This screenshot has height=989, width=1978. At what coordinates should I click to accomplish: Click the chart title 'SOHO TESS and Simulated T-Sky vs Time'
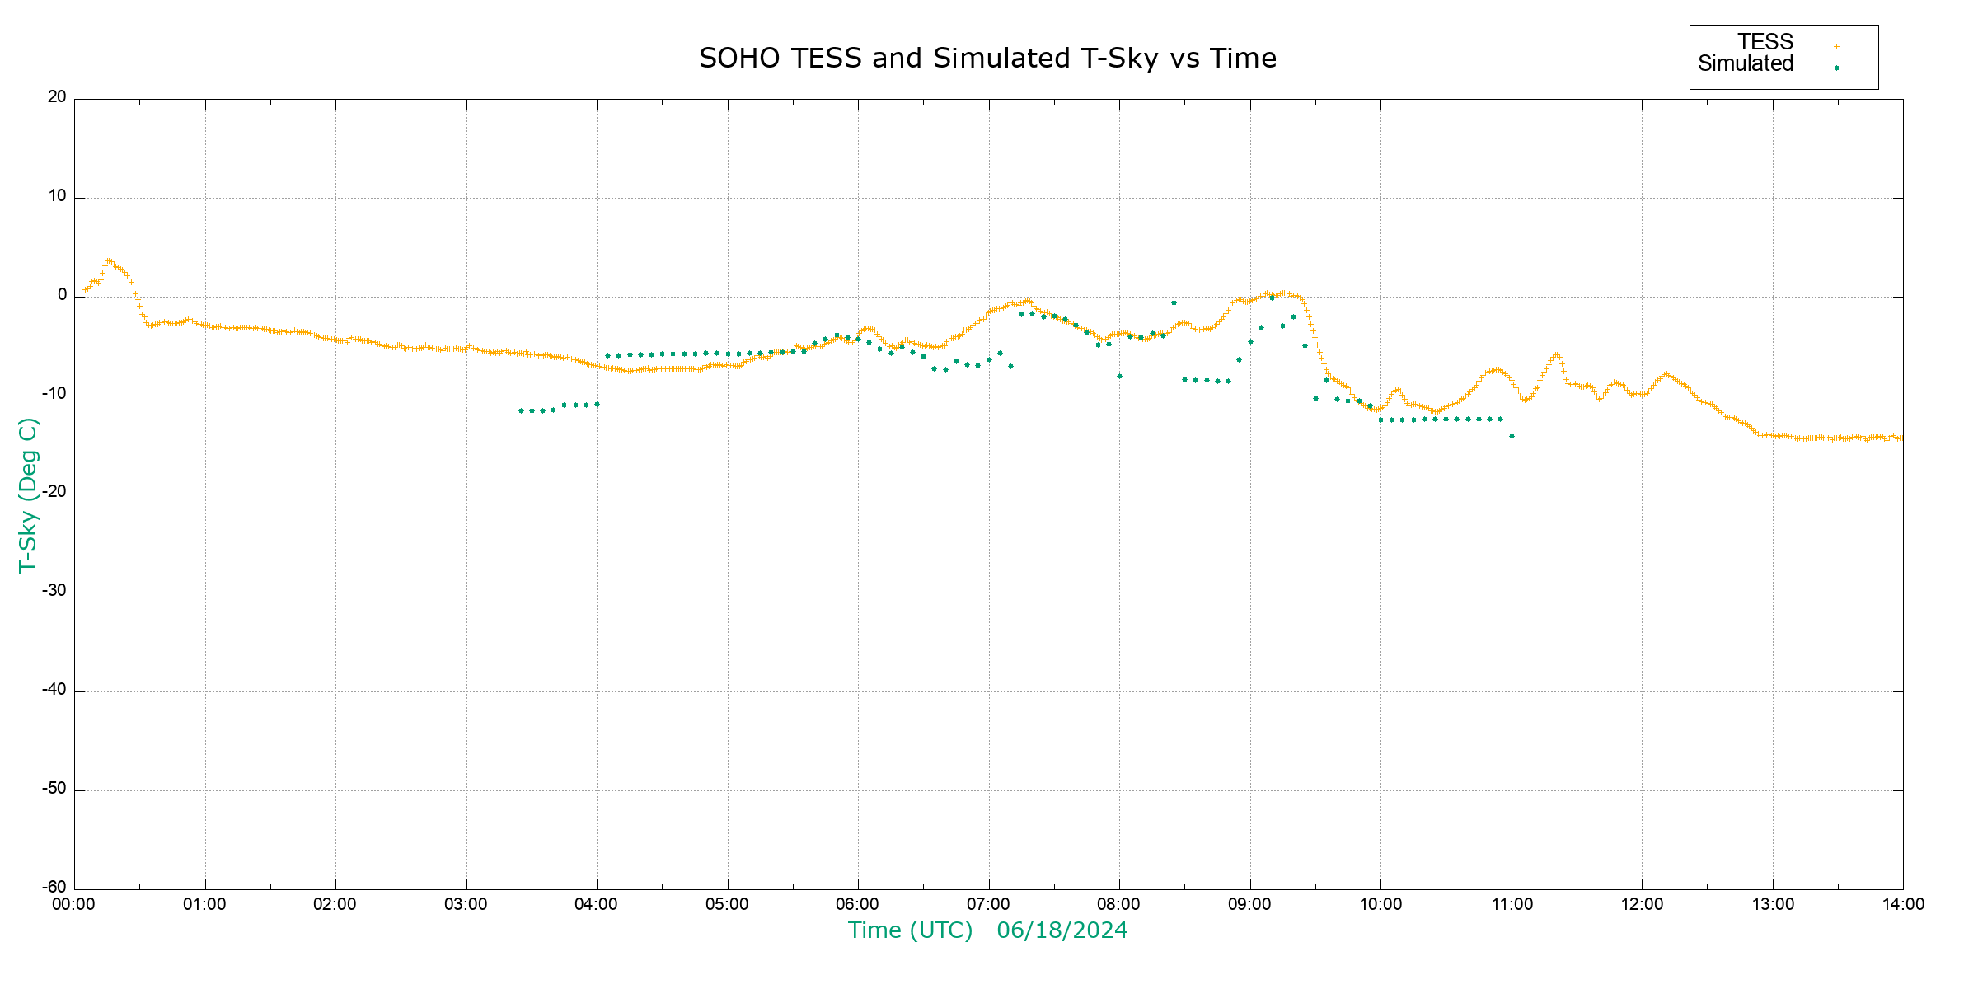987,59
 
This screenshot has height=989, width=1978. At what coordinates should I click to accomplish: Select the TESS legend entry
1765,42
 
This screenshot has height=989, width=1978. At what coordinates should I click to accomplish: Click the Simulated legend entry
1746,64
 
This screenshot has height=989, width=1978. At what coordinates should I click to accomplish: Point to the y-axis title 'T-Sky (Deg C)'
28,494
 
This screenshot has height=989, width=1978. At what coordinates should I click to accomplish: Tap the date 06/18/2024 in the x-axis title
1062,930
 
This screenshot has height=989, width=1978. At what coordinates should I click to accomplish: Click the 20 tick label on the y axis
57,97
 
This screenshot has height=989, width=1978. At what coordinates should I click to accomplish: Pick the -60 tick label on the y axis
55,888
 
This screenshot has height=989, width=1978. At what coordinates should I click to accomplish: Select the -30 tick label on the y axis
55,592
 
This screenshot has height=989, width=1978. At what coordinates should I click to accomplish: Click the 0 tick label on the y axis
63,295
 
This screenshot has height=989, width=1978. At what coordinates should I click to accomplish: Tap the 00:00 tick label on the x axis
74,905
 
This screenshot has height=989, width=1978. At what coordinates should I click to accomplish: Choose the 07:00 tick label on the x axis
988,905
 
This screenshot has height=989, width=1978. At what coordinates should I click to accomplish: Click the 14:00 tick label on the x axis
1903,905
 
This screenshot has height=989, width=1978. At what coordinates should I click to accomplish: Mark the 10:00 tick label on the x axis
1380,905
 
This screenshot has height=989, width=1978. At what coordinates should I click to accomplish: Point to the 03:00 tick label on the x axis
466,905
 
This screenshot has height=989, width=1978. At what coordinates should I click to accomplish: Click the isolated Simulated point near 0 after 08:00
1174,303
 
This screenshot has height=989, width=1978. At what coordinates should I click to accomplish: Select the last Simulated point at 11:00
1512,437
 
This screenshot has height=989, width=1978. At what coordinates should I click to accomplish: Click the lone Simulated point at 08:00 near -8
1119,377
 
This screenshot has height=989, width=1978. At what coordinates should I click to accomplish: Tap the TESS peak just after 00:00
108,260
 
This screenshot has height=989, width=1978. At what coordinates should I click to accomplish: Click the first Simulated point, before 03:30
521,410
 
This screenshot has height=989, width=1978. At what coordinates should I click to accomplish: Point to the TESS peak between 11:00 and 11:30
1556,354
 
